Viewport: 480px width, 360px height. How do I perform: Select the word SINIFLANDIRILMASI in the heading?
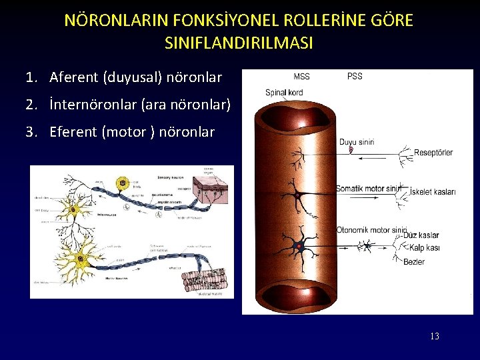pyautogui.click(x=238, y=44)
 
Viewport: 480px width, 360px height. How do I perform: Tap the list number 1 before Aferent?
pyautogui.click(x=31, y=78)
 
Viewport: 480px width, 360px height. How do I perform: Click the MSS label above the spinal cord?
pyautogui.click(x=301, y=77)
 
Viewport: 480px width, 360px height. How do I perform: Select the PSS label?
pyautogui.click(x=355, y=77)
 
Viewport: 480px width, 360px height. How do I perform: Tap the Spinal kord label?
pyautogui.click(x=284, y=93)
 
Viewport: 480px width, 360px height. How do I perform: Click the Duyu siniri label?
pyautogui.click(x=357, y=142)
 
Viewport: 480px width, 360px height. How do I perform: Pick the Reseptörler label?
pyautogui.click(x=433, y=153)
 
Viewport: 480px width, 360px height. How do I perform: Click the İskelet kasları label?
pyautogui.click(x=433, y=192)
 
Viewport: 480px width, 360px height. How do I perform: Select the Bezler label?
pyautogui.click(x=414, y=262)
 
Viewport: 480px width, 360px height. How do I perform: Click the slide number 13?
pyautogui.click(x=434, y=337)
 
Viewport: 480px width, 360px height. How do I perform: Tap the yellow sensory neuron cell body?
pyautogui.click(x=122, y=183)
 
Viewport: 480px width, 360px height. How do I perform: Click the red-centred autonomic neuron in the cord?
pyautogui.click(x=299, y=246)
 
